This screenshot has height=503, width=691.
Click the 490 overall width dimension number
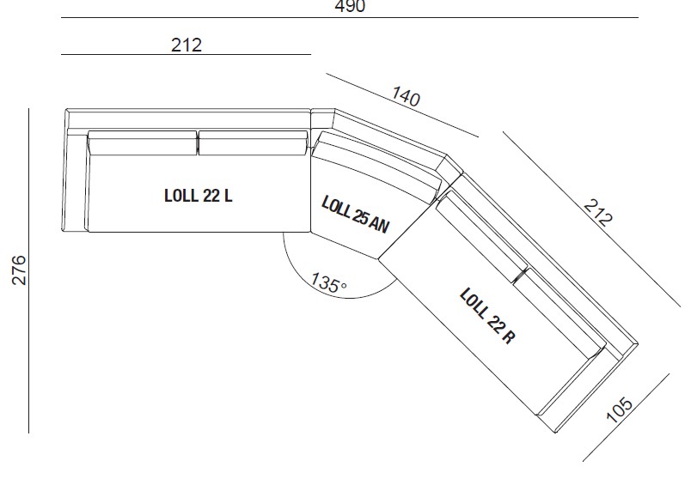(x=350, y=7)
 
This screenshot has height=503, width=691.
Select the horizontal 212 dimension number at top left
(x=187, y=45)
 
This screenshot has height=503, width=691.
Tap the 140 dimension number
(x=407, y=96)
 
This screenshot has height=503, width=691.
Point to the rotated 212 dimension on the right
(x=597, y=212)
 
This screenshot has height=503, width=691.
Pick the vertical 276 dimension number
(x=18, y=270)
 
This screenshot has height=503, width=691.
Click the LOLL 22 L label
(x=198, y=195)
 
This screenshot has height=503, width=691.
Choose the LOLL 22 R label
(x=487, y=316)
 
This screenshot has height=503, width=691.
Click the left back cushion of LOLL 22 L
(x=143, y=142)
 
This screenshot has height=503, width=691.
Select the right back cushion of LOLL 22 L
(x=252, y=142)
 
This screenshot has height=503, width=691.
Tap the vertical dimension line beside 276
(x=30, y=270)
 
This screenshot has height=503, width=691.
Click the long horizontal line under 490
(x=350, y=18)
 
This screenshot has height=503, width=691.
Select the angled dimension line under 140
(x=401, y=106)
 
